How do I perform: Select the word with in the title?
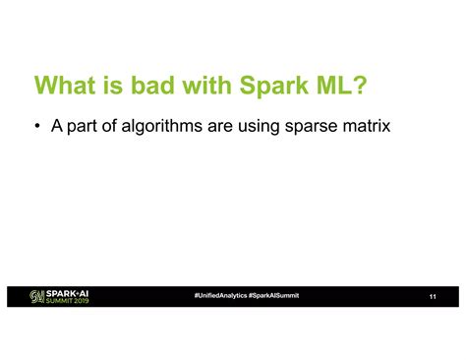click(212, 86)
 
